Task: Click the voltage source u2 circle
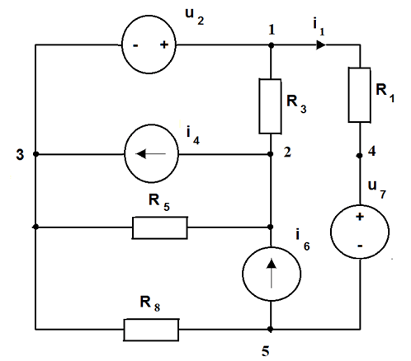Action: click(122, 45)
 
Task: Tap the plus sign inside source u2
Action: click(164, 45)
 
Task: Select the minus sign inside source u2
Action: click(135, 45)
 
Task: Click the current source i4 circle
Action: click(125, 153)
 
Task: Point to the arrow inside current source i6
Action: click(272, 274)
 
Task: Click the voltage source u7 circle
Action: click(331, 232)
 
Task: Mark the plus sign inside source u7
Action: click(360, 217)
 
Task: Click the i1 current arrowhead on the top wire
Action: click(321, 45)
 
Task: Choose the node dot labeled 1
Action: click(271, 45)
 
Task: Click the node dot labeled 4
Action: click(359, 156)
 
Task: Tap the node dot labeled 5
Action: click(271, 329)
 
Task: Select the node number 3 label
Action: click(20, 155)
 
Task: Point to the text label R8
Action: click(150, 303)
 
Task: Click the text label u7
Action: click(377, 189)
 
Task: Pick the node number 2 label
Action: click(287, 152)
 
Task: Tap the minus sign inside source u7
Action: click(360, 246)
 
